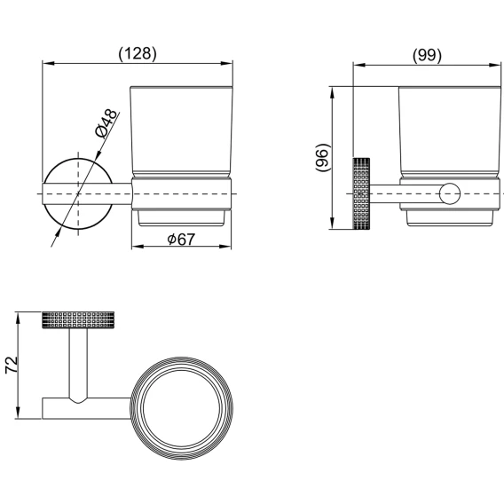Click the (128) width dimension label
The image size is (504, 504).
(138, 53)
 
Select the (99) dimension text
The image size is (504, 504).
(427, 55)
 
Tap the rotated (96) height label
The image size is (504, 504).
(322, 158)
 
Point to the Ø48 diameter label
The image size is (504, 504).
(106, 123)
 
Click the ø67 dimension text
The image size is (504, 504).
(181, 240)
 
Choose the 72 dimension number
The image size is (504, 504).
(12, 365)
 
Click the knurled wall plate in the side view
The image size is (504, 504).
(361, 193)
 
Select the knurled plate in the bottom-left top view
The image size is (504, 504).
(78, 319)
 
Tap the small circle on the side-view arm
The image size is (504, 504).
(450, 193)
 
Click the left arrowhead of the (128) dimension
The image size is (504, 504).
(48, 63)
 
